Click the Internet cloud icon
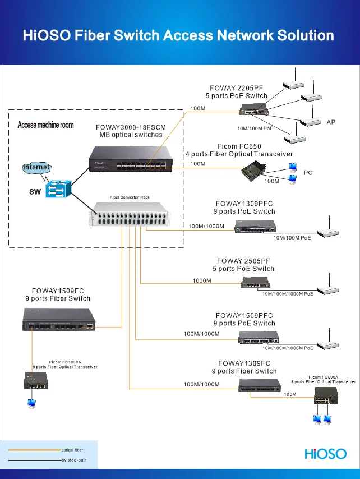point(36,167)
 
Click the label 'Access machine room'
point(45,125)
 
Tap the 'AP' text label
point(331,122)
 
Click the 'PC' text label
point(308,173)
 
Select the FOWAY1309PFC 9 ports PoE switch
point(255,226)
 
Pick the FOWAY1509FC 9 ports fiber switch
point(58,324)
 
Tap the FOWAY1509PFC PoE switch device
point(259,337)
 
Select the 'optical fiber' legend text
point(72,450)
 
